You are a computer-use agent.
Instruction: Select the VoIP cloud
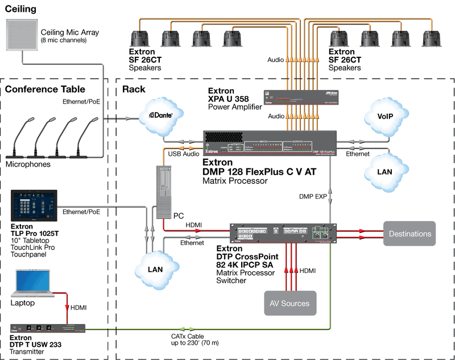point(386,116)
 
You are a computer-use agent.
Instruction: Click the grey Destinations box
point(409,234)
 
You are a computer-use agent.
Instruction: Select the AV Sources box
point(290,303)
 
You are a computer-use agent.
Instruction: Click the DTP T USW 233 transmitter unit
point(48,329)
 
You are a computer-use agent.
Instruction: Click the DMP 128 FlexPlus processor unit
point(270,144)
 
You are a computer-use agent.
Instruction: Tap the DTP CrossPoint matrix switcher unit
point(282,234)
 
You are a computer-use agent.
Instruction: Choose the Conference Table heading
point(45,89)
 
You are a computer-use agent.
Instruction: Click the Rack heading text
point(134,89)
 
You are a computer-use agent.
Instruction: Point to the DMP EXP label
point(312,196)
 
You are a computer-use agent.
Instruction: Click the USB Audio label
point(183,154)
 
